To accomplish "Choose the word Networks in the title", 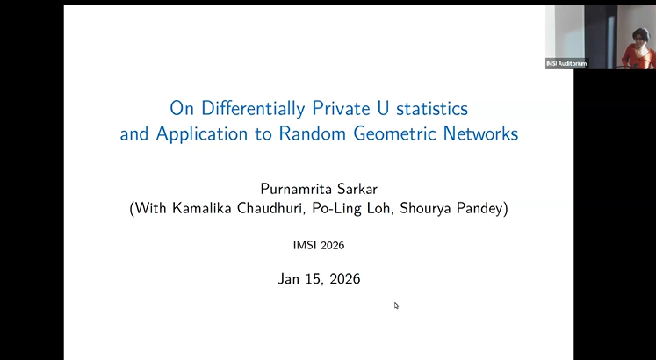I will click(x=482, y=134).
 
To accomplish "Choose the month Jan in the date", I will click(x=291, y=279).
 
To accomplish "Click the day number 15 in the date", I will click(x=314, y=279).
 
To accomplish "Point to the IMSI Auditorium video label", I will click(x=566, y=63).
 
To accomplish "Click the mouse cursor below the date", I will click(x=396, y=305).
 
